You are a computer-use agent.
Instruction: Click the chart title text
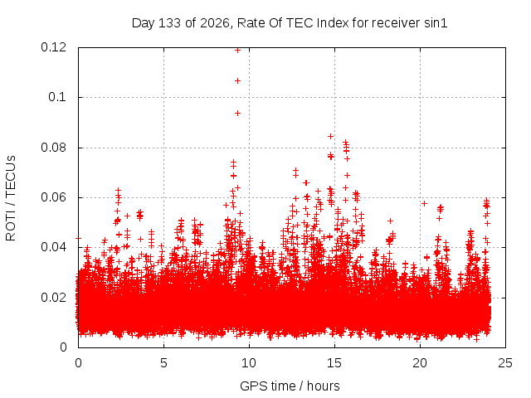coord(290,23)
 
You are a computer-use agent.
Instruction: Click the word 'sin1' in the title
coord(436,23)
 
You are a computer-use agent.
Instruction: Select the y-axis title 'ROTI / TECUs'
coord(11,198)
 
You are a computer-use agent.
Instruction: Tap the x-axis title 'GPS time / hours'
coord(290,386)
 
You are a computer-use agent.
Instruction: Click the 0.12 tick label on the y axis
coord(53,47)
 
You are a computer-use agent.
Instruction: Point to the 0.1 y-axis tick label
coord(57,97)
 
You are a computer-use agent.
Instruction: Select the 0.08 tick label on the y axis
coord(53,148)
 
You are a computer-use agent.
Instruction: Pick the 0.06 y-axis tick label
coord(53,197)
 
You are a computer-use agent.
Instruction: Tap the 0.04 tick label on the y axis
coord(53,247)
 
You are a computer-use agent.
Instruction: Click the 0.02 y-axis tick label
coord(53,298)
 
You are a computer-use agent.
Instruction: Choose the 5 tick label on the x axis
coord(164,363)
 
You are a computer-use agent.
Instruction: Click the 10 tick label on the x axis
coord(249,363)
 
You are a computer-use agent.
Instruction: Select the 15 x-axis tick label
coord(334,363)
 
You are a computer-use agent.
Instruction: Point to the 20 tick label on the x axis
coord(420,363)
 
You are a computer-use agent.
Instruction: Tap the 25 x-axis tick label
coord(505,363)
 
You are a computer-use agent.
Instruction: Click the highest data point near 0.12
coord(238,51)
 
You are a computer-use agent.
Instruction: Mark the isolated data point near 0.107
coord(238,81)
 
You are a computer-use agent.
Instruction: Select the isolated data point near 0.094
coord(238,113)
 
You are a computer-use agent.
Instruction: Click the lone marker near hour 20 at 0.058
coord(424,203)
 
